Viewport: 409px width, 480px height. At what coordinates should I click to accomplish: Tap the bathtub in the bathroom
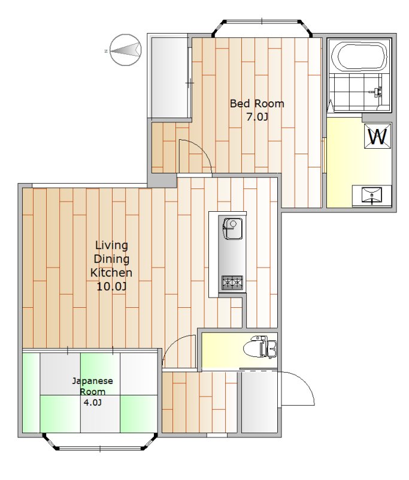(x=359, y=57)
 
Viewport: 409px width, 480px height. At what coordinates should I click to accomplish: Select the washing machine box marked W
(x=377, y=137)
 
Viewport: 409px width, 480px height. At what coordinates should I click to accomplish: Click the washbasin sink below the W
(x=371, y=195)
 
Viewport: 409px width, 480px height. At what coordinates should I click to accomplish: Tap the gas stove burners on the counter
(x=232, y=283)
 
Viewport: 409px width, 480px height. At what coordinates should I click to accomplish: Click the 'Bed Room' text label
(x=257, y=103)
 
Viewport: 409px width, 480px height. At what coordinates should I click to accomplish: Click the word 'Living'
(x=111, y=245)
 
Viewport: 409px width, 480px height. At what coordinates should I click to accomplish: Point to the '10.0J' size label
(x=111, y=286)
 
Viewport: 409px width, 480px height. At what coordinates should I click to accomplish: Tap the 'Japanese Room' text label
(x=92, y=386)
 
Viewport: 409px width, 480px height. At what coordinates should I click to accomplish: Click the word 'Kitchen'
(x=111, y=272)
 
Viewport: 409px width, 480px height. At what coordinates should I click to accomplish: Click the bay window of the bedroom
(x=263, y=26)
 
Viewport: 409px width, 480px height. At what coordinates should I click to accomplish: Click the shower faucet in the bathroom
(x=377, y=92)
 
